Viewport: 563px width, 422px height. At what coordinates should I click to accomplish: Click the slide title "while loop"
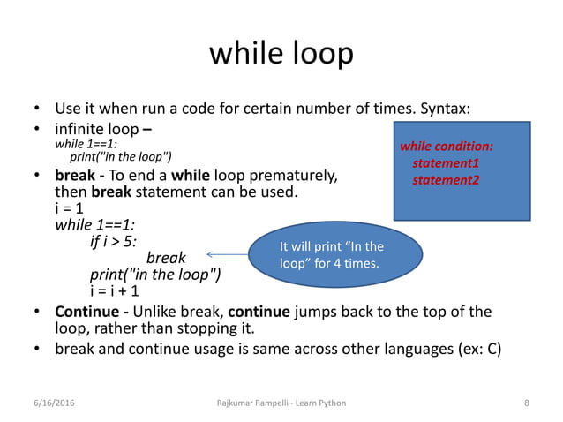[281, 54]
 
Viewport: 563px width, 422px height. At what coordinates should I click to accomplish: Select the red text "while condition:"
[447, 146]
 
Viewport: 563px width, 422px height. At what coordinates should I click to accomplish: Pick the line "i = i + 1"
[114, 290]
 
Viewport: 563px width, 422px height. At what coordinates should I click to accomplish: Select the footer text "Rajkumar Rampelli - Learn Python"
[281, 403]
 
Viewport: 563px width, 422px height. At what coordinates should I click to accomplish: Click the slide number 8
[526, 403]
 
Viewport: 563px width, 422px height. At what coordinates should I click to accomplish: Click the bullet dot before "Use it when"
[38, 109]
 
